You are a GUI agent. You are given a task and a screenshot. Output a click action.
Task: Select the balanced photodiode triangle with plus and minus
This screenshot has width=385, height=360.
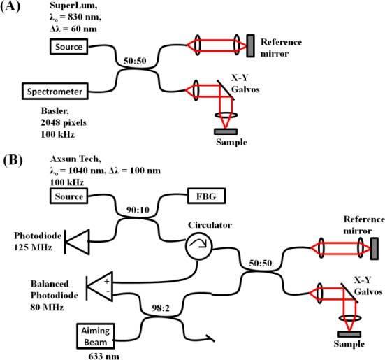(x=99, y=286)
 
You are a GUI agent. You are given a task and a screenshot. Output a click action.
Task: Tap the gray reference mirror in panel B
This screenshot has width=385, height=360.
(x=375, y=247)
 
